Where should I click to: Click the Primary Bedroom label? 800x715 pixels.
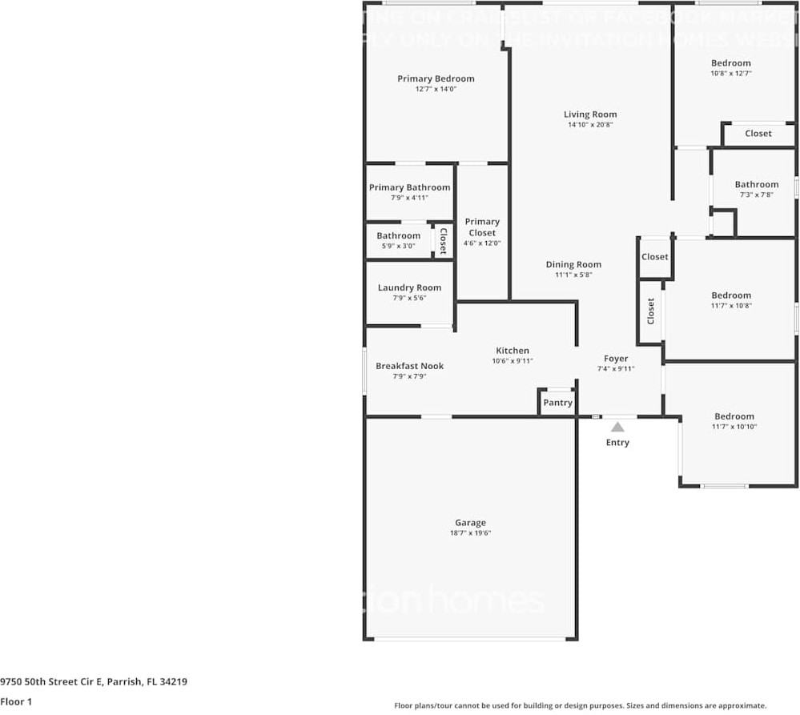click(436, 78)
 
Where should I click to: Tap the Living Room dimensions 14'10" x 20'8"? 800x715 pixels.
click(590, 125)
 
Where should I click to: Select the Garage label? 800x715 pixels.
click(470, 523)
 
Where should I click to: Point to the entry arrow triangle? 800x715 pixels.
click(617, 427)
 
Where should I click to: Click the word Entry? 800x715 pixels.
click(617, 443)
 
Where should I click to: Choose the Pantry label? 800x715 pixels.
click(557, 403)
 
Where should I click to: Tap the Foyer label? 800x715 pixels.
click(616, 359)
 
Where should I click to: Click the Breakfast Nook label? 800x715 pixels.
click(409, 366)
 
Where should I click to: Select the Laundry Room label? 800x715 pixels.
click(409, 287)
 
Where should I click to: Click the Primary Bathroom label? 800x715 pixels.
click(409, 187)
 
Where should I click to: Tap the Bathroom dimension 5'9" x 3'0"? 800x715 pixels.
click(398, 246)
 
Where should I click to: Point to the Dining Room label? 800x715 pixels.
click(573, 264)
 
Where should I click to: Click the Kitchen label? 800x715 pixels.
click(513, 350)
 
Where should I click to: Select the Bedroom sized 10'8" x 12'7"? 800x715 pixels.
click(731, 63)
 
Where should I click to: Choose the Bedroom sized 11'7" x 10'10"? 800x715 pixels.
click(734, 416)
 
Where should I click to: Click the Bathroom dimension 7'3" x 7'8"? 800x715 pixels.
click(756, 195)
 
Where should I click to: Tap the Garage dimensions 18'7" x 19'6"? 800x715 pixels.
click(470, 533)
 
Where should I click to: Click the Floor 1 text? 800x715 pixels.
click(16, 701)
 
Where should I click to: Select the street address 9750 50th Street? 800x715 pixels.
click(94, 682)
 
